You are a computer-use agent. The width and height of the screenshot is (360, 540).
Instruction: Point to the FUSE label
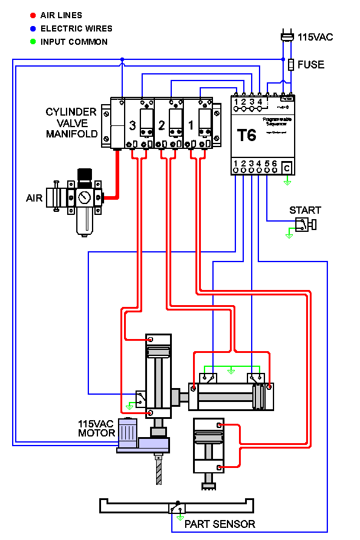(x=311, y=64)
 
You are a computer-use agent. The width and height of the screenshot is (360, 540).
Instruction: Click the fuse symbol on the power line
(x=291, y=64)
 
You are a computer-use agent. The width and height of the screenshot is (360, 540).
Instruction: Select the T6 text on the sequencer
(x=246, y=135)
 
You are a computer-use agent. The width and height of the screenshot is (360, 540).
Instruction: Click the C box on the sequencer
(x=287, y=168)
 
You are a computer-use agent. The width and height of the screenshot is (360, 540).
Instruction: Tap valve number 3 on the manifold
(x=133, y=126)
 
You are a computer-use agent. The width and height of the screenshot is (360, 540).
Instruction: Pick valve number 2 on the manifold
(x=162, y=126)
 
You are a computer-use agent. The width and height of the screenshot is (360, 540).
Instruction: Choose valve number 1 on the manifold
(x=191, y=126)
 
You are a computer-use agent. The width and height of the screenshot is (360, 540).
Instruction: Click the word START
(x=305, y=211)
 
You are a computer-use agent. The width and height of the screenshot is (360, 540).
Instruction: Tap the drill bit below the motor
(x=159, y=469)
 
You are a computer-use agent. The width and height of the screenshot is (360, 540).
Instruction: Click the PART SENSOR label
(x=220, y=524)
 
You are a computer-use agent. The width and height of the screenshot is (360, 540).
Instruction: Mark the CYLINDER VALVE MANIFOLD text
(x=71, y=123)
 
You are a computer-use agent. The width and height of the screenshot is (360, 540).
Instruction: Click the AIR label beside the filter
(x=34, y=198)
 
